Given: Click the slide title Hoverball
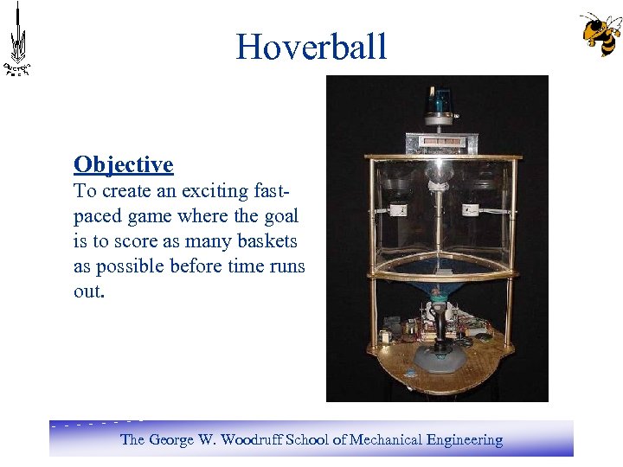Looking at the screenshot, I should point(311,47).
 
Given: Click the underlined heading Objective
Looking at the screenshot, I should point(124,164).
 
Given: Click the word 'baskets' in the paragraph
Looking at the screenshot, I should point(267,241).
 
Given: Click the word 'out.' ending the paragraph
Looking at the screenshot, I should point(89,291).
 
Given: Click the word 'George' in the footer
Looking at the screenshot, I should point(171,440).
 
